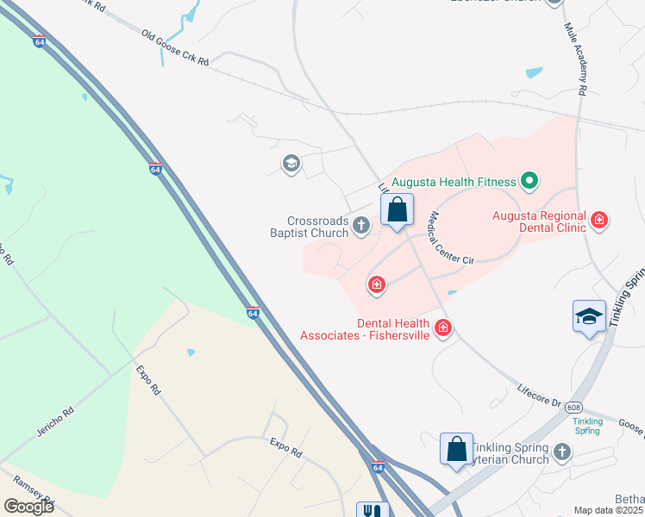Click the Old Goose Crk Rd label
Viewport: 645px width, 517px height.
(x=175, y=48)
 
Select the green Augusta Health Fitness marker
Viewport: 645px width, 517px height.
(x=531, y=181)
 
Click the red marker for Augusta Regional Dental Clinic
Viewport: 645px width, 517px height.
(x=599, y=221)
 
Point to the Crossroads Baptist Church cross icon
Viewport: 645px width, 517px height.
(x=361, y=227)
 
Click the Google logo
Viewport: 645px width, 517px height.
(x=28, y=507)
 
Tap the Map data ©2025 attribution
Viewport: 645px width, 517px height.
(x=607, y=510)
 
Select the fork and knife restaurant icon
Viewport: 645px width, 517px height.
(x=373, y=510)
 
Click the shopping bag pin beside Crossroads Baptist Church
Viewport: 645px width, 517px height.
(x=397, y=209)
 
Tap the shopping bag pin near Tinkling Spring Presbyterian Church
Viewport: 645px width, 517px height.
(x=456, y=449)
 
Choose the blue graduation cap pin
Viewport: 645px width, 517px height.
(x=589, y=316)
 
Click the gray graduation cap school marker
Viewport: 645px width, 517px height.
(x=291, y=163)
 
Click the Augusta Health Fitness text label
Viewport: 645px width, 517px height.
(x=454, y=182)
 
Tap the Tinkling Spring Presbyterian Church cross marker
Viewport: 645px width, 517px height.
(x=562, y=452)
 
